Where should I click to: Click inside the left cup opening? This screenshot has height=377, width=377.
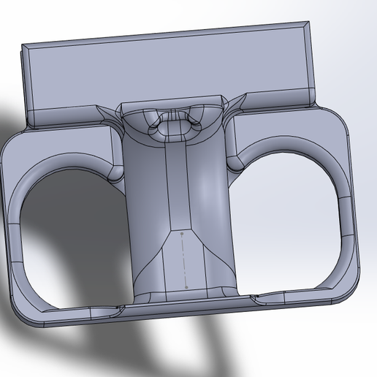click(x=69, y=234)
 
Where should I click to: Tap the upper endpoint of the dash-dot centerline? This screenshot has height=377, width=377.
click(x=180, y=233)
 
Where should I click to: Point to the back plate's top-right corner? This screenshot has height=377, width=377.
click(x=306, y=23)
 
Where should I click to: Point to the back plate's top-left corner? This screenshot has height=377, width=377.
click(x=23, y=46)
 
